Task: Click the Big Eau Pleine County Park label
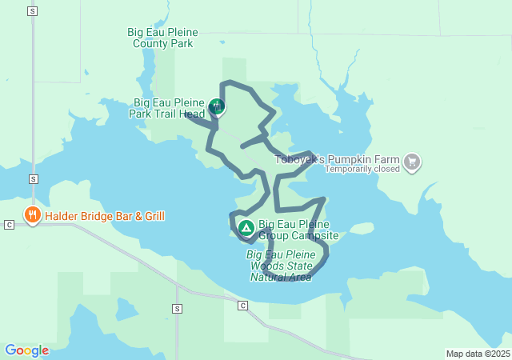162,38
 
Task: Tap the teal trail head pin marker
216,106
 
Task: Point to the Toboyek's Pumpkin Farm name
337,159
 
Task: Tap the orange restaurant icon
33,214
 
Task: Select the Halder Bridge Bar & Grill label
105,216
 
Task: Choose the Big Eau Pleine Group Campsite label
298,230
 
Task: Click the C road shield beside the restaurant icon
9,225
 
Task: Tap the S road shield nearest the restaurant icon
32,178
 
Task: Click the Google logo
26,350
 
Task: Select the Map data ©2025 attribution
478,354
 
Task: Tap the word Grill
150,216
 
